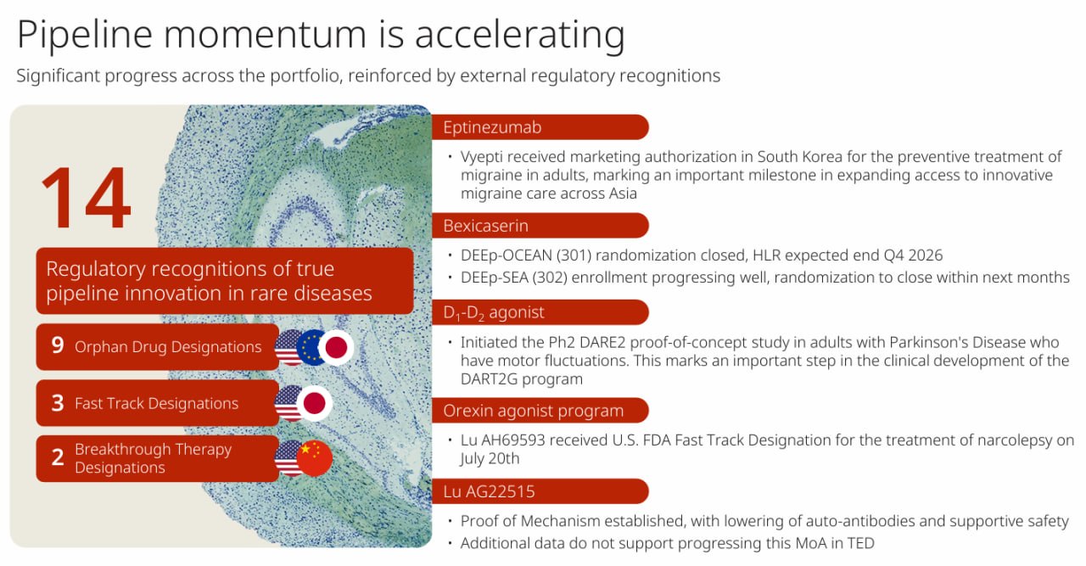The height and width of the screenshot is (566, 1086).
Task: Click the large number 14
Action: (87, 198)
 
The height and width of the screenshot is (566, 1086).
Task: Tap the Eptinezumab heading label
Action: (492, 127)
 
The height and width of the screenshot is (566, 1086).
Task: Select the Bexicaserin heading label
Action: (486, 226)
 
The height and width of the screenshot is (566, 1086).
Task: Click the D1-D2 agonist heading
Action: (494, 313)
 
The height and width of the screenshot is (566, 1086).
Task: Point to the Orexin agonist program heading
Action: (534, 411)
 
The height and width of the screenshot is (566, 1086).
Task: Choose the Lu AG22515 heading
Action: (489, 492)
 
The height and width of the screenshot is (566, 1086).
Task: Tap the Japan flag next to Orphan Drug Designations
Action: (336, 347)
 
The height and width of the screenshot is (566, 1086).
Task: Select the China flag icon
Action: (315, 458)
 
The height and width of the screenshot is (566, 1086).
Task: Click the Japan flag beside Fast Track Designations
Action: (315, 404)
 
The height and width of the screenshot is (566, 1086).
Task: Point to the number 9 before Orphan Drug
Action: (58, 346)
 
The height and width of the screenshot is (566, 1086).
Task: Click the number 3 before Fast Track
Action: (58, 403)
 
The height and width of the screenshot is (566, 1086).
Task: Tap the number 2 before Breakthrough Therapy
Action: (58, 457)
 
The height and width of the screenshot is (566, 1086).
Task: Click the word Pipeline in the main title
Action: (85, 36)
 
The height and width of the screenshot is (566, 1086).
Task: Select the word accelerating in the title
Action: (520, 36)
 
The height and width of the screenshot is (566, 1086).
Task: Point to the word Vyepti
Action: (484, 158)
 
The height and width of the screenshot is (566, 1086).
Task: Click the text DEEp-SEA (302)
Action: (514, 277)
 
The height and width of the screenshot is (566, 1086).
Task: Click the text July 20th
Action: (490, 459)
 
